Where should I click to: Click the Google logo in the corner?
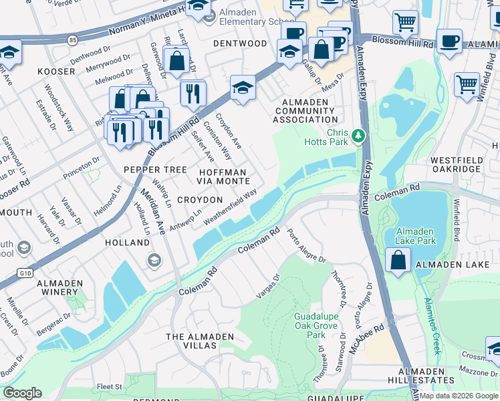coord(22,393)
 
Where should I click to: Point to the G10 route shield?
coord(25,273)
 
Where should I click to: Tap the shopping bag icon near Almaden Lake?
coord(398,260)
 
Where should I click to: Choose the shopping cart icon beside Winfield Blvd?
coord(467,84)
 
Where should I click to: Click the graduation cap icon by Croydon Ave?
coord(243,87)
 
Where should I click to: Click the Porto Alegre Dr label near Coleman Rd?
coord(305,247)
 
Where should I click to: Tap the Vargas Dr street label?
coord(267,287)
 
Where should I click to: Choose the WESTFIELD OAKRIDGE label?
coord(457,165)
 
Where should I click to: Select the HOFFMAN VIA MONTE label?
coord(223,177)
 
